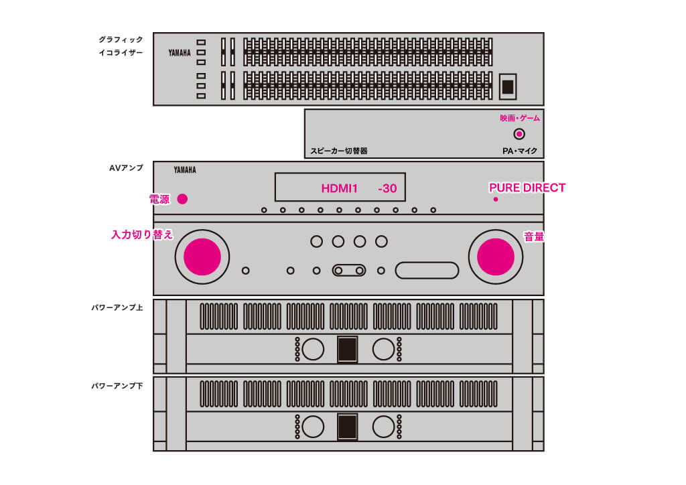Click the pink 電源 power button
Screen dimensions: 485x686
coord(182,199)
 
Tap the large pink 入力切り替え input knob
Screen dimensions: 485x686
coord(202,256)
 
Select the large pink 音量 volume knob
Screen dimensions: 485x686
coord(496,256)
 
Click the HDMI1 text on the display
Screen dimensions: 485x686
coord(340,189)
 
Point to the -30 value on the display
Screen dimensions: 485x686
coord(387,189)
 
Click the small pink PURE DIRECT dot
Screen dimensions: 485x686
coord(496,199)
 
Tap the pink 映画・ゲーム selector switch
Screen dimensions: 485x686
coord(519,134)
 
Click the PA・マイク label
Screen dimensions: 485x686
coord(520,151)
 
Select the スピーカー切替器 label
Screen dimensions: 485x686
coord(339,151)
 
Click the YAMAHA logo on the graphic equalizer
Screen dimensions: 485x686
coord(180,52)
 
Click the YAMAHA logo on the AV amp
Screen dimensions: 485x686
coord(185,170)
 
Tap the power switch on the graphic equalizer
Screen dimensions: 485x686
coord(508,86)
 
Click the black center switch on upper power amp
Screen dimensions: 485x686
coord(347,349)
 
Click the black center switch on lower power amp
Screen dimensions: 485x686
coord(347,426)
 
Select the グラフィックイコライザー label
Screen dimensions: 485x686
coord(121,46)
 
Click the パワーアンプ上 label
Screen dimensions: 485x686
coord(117,308)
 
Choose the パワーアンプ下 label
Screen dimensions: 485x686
coord(117,386)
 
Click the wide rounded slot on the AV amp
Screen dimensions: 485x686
coord(427,270)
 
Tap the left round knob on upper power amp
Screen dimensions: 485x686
coord(312,349)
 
